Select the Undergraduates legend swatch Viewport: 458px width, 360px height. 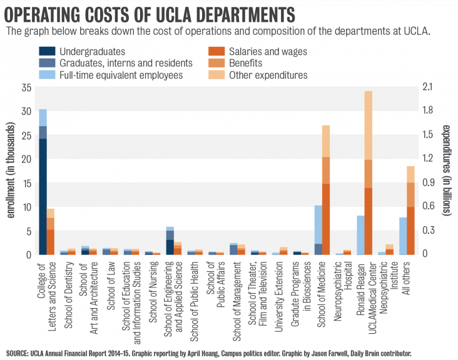pos(48,51)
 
